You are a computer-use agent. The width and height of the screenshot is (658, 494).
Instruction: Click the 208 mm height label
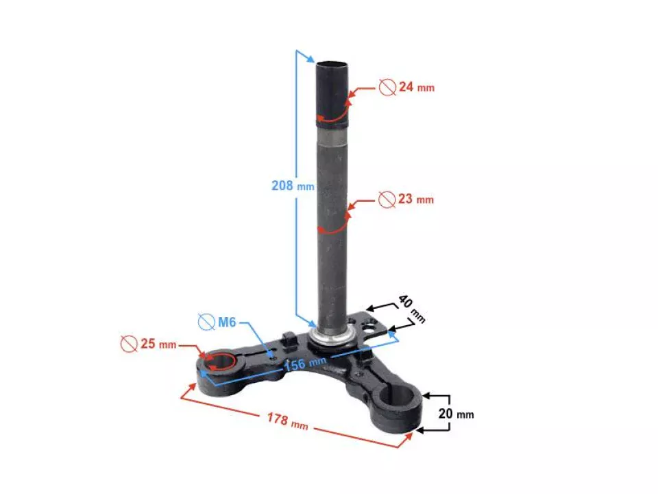pyautogui.click(x=293, y=185)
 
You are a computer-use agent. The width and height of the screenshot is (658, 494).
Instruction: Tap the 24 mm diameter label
pyautogui.click(x=416, y=87)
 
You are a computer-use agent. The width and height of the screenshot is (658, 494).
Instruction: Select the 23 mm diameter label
pyautogui.click(x=415, y=199)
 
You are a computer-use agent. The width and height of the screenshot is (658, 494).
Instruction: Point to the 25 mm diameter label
pyautogui.click(x=158, y=344)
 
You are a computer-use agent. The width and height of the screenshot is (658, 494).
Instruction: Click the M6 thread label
pyautogui.click(x=227, y=322)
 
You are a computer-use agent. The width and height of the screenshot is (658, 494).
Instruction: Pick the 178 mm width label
pyautogui.click(x=288, y=420)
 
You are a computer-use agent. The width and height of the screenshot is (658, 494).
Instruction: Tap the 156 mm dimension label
pyautogui.click(x=305, y=363)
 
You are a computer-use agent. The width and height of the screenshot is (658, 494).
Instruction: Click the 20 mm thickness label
pyautogui.click(x=456, y=414)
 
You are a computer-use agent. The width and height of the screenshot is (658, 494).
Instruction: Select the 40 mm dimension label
pyautogui.click(x=412, y=309)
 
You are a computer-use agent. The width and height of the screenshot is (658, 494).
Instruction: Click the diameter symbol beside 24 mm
pyautogui.click(x=387, y=87)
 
